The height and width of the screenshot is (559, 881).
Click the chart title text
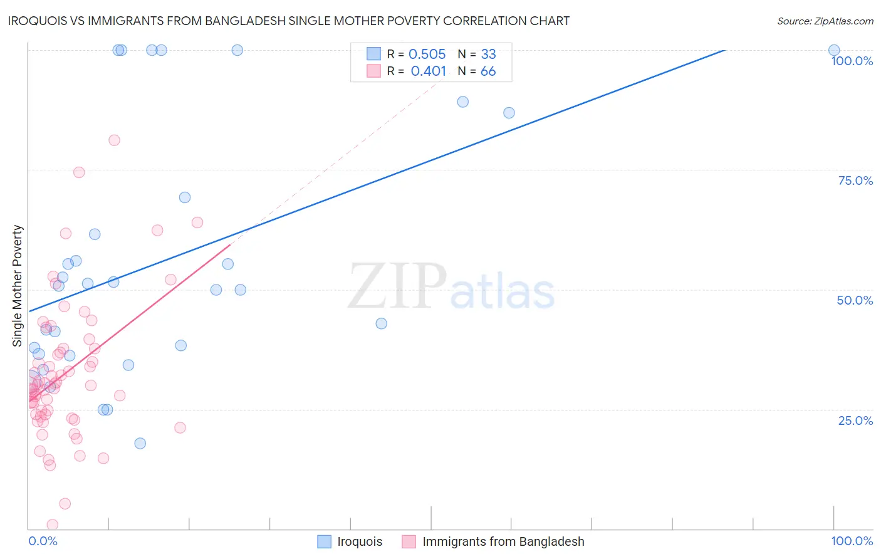point(289,21)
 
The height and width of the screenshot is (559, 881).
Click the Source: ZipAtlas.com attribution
point(825,21)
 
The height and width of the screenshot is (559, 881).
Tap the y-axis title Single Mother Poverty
point(18,286)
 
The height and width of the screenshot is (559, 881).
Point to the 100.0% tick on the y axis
point(852,61)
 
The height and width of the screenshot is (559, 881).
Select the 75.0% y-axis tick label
point(855,180)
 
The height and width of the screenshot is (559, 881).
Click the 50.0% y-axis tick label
point(855,300)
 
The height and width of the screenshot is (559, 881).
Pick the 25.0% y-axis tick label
point(855,421)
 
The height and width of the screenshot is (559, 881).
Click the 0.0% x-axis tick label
point(43,541)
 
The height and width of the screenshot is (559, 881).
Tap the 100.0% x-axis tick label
point(852,541)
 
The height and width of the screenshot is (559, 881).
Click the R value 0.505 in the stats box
point(427,55)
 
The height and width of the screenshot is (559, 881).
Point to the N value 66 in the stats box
point(488,71)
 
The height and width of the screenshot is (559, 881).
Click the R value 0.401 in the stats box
point(428,71)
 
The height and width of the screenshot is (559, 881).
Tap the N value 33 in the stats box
point(488,55)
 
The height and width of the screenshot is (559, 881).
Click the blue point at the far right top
point(834,50)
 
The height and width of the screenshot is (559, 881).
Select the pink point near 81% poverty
point(114,140)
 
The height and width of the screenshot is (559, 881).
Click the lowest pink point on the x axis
point(53,525)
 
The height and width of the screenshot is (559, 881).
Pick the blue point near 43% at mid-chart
point(381,323)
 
